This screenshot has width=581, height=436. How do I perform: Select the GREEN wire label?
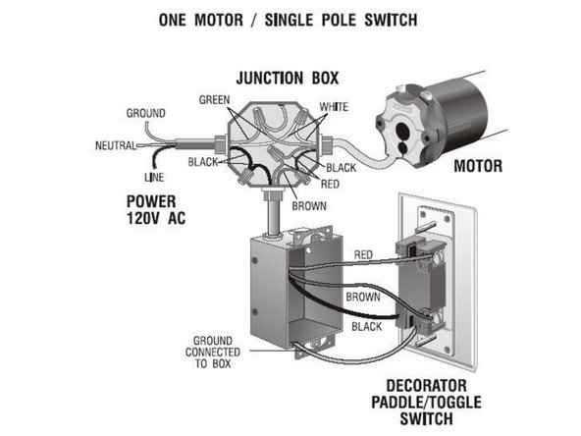pos(214,100)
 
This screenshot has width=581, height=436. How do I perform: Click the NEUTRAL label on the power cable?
pos(114,145)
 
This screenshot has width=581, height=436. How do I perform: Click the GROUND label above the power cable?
pos(145,114)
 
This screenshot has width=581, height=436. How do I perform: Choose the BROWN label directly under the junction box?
pos(308,207)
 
